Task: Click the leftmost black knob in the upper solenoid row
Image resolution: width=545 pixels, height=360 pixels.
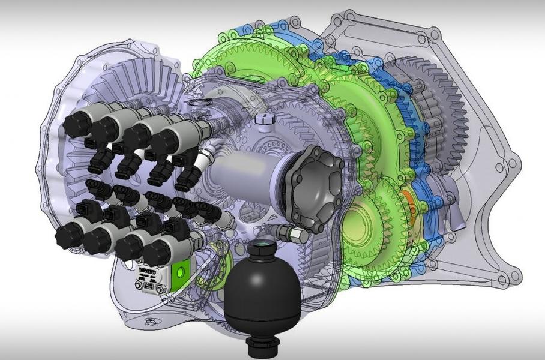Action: (76, 124)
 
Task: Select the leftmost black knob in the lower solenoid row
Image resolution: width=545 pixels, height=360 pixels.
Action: (68, 236)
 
